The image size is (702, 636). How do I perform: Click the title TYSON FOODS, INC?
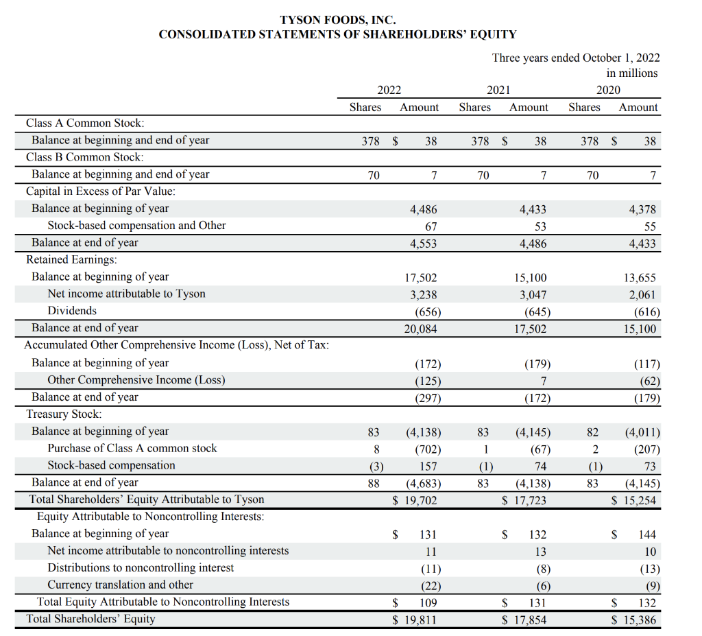coord(337,21)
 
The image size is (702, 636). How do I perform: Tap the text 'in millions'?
coord(631,73)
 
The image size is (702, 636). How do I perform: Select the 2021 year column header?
coord(498,90)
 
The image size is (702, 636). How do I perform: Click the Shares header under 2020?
coord(584,107)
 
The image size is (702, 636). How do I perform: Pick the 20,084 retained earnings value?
coord(420,329)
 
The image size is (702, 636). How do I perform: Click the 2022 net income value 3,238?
coord(422,294)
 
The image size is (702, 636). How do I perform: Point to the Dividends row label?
coord(72,311)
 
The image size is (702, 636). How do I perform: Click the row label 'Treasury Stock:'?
coord(64,414)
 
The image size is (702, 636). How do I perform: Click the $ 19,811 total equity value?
coord(414,620)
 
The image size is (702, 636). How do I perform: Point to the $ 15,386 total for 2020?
coord(633,620)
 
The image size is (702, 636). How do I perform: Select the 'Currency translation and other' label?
coord(120,585)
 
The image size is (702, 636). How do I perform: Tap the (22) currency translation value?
coord(430,585)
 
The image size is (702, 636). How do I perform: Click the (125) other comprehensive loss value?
coord(427,381)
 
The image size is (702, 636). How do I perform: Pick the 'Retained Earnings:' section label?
coord(71,259)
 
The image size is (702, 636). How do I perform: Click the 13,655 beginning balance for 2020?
coord(640,278)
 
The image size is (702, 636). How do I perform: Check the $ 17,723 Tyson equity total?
coord(524,500)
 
